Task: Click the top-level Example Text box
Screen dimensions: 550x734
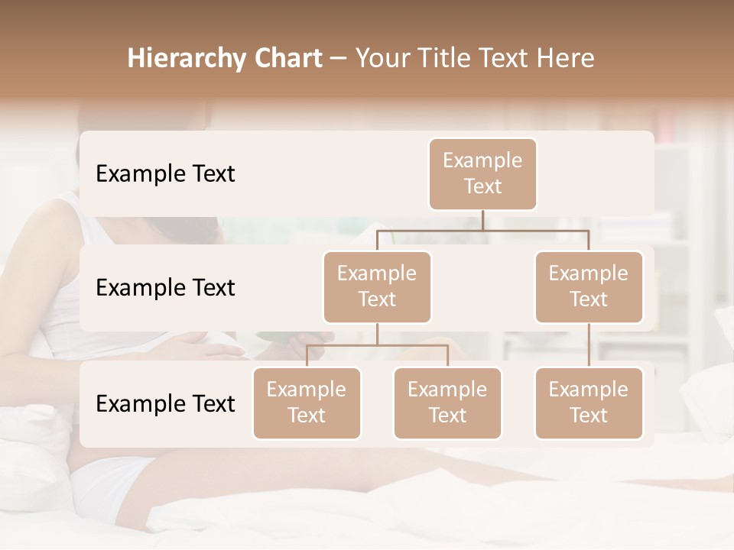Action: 482,173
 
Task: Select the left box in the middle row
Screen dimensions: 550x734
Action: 377,286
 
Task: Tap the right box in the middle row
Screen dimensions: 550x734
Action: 589,286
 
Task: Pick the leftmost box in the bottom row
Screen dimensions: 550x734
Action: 307,403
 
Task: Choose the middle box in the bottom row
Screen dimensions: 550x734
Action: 447,403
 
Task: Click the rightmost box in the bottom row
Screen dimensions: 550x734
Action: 589,403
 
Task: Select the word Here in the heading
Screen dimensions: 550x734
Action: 565,59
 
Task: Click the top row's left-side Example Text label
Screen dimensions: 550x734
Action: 165,174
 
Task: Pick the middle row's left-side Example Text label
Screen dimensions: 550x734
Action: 165,288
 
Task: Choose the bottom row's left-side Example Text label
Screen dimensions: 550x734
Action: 165,403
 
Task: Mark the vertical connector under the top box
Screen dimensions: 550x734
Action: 482,220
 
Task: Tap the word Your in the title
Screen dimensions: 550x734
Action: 379,59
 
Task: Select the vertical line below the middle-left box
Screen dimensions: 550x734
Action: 377,334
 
